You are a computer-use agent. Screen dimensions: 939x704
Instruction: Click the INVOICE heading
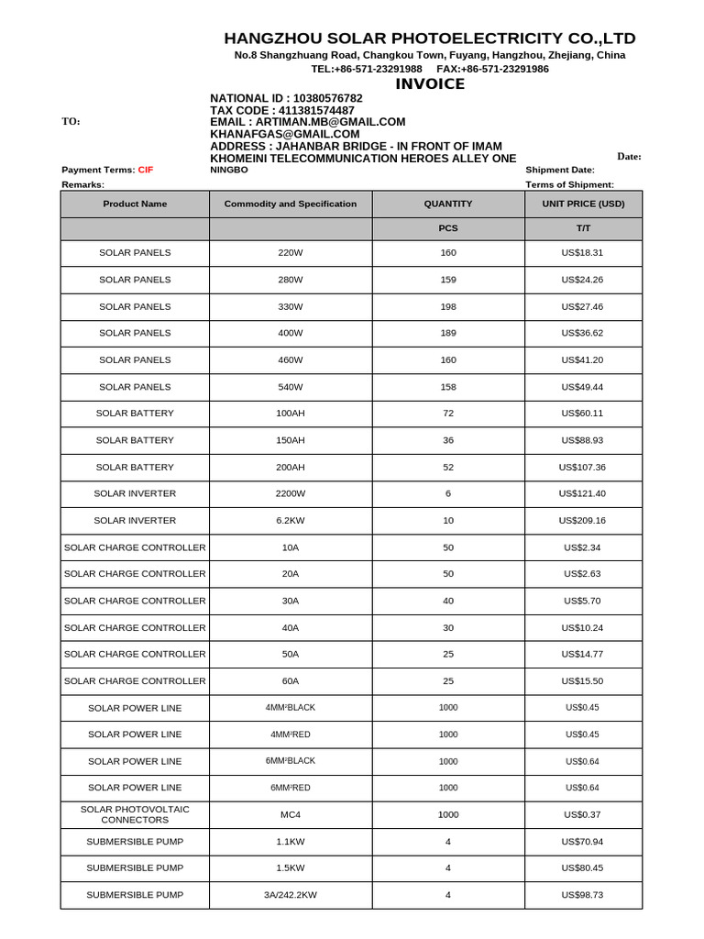click(x=430, y=84)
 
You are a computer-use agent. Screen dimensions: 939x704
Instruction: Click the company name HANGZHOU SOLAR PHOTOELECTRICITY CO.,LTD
click(x=430, y=38)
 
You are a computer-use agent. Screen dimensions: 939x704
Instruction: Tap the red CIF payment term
click(x=146, y=170)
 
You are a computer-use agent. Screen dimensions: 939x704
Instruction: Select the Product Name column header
click(x=135, y=204)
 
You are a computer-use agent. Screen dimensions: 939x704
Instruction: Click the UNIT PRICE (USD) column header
click(x=583, y=204)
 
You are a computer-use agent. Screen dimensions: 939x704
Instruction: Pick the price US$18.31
click(x=583, y=252)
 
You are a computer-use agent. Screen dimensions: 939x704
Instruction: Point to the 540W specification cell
click(x=290, y=387)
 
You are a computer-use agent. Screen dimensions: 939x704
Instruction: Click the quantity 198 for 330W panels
click(x=447, y=306)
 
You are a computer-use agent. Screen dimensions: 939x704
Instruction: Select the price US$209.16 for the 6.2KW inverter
click(x=583, y=521)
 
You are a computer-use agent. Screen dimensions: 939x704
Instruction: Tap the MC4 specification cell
click(x=290, y=814)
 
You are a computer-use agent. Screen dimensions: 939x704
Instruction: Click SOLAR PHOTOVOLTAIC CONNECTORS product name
click(x=135, y=814)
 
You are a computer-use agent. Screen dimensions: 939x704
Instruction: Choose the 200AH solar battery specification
click(x=290, y=468)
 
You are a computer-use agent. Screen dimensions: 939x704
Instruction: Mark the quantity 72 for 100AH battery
click(x=447, y=414)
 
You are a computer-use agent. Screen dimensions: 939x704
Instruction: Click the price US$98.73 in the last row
click(x=583, y=895)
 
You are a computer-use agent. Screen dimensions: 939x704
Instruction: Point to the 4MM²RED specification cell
click(x=290, y=735)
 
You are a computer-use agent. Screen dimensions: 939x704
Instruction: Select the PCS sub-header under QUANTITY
click(x=447, y=229)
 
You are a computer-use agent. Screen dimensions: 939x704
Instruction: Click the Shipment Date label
click(x=559, y=170)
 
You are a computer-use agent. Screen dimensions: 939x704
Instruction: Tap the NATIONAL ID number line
click(x=286, y=98)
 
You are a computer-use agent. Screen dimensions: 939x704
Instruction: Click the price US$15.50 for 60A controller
click(x=583, y=681)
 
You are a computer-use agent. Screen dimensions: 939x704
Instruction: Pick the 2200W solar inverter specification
click(x=290, y=494)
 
